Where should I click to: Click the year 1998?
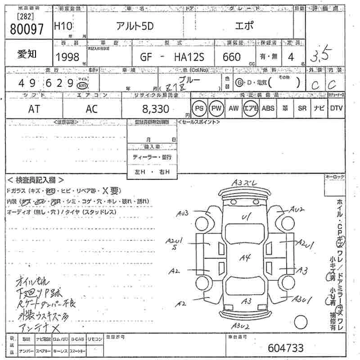tap(67, 57)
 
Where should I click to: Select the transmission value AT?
tap(34, 109)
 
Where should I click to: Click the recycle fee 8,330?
tap(156, 109)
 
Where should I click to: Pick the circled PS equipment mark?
tap(199, 108)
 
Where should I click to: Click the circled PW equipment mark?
tap(217, 108)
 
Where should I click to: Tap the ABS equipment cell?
tap(268, 108)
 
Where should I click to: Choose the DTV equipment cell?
tap(336, 108)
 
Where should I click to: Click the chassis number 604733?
tap(285, 348)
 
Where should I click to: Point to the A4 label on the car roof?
tap(245, 258)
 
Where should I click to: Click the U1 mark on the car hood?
tap(246, 218)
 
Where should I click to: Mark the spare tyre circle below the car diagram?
tap(301, 323)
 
